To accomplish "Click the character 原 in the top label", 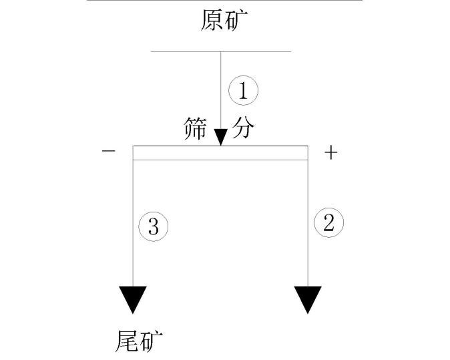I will pos(212,21).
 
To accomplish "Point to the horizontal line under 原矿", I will pos(187,51).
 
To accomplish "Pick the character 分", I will pos(244,128).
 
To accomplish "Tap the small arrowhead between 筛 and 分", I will pos(221,138).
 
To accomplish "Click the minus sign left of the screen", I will pos(108,152).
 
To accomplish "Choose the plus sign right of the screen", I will pos(330,153).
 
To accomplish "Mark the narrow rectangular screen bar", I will pos(220,153).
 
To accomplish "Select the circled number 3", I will pos(153,227).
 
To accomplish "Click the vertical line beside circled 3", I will pos(133,220).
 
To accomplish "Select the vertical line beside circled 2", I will pos(308,220).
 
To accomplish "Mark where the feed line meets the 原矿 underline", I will pos(221,51).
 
